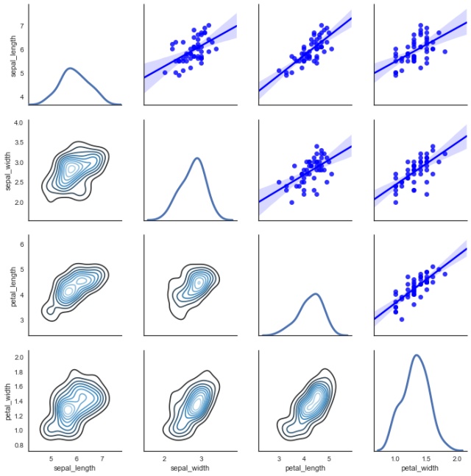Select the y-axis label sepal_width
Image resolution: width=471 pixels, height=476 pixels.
point(9,172)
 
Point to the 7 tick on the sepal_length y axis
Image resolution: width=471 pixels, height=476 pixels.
point(23,26)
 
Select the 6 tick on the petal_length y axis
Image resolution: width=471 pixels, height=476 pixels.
point(23,243)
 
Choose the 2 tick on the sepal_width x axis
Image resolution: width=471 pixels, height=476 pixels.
point(165,458)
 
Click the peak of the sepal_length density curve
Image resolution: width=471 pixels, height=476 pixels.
point(70,68)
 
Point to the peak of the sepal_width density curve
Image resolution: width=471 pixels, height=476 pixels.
point(197,158)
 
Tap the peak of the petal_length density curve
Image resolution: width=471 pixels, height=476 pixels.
point(315,294)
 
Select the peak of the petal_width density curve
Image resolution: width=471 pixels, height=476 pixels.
point(417,355)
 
